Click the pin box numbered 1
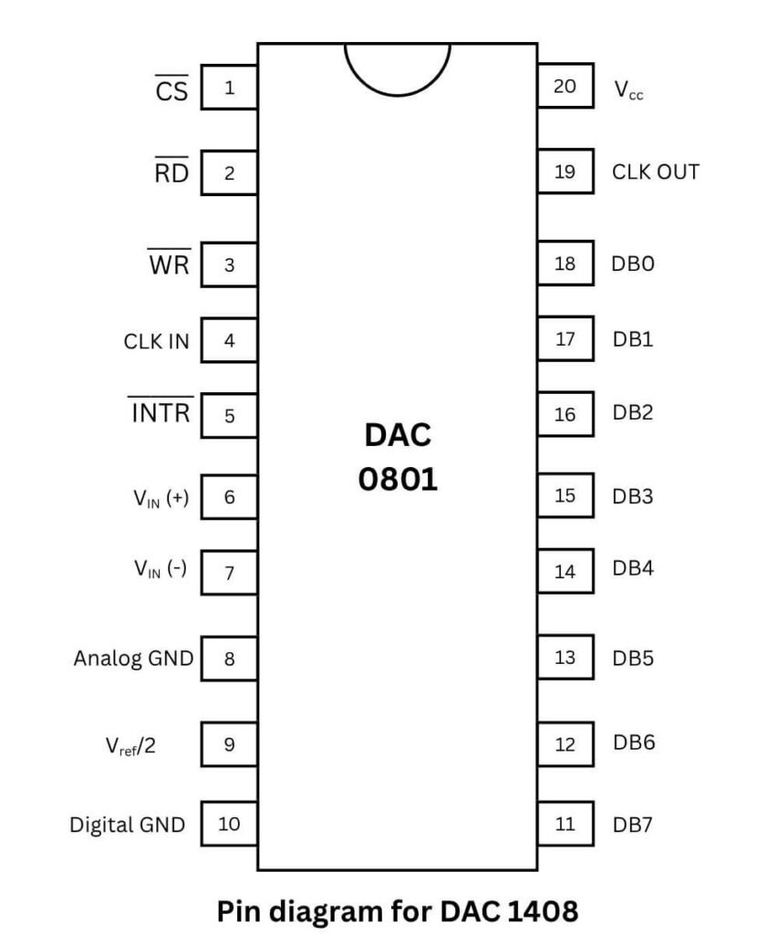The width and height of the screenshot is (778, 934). point(229,88)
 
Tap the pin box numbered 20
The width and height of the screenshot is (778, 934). point(565,87)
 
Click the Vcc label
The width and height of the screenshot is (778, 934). point(628,90)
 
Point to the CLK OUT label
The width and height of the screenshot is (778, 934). point(656,171)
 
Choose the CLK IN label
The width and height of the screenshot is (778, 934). point(157,341)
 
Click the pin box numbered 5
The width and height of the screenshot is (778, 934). point(229,416)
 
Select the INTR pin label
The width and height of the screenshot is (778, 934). point(161,413)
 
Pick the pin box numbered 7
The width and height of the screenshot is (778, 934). point(229,573)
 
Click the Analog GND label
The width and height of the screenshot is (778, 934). point(133,658)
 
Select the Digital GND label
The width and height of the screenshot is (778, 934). point(128,825)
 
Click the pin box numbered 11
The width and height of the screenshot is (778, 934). point(565,824)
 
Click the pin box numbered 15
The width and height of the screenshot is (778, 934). point(565,495)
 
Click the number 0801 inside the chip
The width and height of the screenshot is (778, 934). point(398,479)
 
